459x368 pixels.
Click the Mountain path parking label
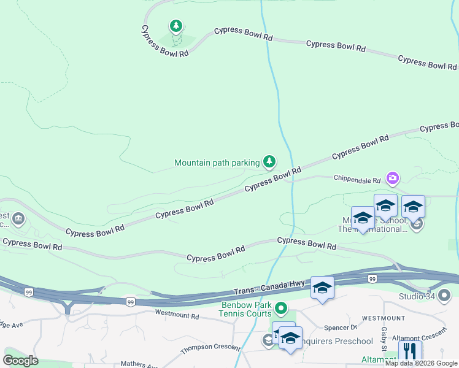click(217, 163)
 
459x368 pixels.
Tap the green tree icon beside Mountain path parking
click(269, 161)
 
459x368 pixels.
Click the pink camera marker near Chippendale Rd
click(393, 178)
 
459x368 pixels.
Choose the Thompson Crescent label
click(210, 349)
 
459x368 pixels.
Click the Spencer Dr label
click(345, 327)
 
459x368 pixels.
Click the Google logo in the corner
click(20, 360)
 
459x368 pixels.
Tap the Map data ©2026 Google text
click(420, 363)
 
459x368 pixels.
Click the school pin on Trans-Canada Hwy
click(322, 288)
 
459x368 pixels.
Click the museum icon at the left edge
click(18, 219)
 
